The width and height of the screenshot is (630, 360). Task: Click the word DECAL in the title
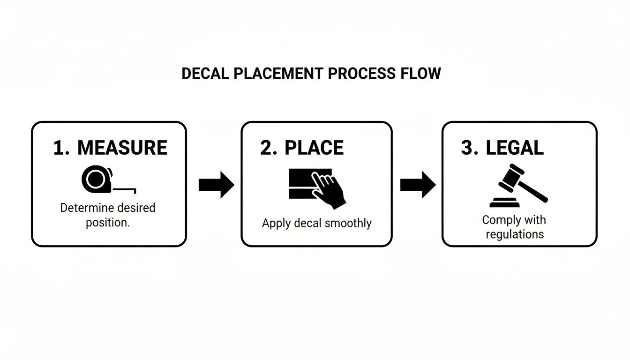[202, 74]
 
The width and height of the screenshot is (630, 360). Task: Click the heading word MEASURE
[122, 148]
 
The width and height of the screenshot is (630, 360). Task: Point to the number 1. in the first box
[61, 148]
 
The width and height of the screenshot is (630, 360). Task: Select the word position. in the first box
[108, 222]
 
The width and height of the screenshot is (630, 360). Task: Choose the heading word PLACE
[314, 148]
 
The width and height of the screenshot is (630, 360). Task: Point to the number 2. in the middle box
[269, 148]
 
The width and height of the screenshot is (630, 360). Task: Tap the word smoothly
[348, 223]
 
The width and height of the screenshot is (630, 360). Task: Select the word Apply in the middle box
[276, 223]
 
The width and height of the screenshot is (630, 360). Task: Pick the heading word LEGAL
[515, 148]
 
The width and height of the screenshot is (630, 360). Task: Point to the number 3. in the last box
[470, 148]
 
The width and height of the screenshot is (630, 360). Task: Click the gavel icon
[517, 186]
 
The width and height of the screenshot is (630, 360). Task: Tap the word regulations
[515, 234]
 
